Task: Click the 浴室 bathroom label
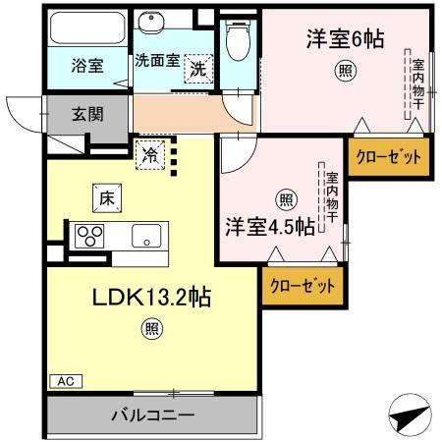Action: pyautogui.click(x=88, y=66)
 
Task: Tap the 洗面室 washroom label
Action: pyautogui.click(x=156, y=60)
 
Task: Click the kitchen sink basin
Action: pyautogui.click(x=147, y=236)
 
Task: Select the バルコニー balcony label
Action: pyautogui.click(x=151, y=414)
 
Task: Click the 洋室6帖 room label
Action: pyautogui.click(x=343, y=40)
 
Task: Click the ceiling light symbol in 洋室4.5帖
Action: pyautogui.click(x=284, y=200)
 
